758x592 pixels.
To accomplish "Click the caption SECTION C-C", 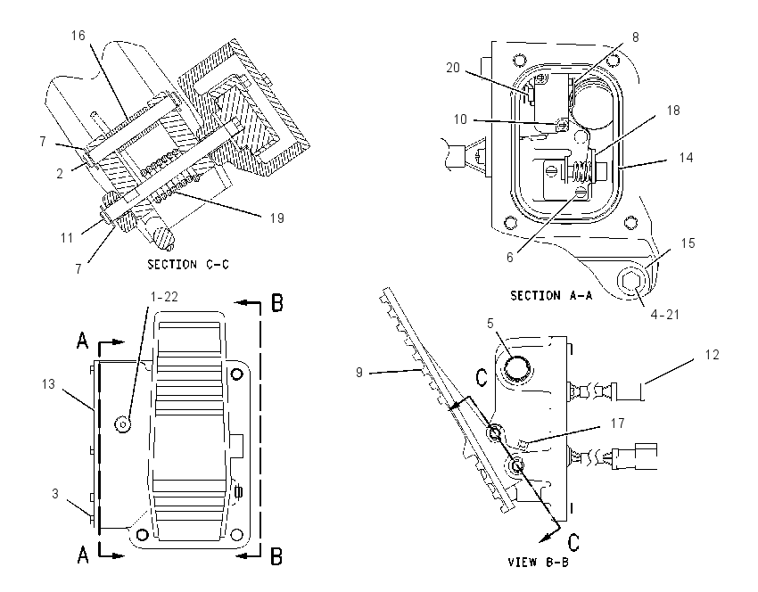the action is pos(188,264).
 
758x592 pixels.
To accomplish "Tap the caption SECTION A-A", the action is pos(551,295).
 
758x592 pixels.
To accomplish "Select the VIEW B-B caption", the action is pos(538,562).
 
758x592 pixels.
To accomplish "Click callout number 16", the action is pos(78,36).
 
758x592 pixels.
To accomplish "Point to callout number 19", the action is pos(276,218).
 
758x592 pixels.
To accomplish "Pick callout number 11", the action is pos(66,238).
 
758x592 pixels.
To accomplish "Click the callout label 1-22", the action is pos(164,297).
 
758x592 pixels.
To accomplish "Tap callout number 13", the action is pos(48,384).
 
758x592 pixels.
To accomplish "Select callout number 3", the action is pos(55,493).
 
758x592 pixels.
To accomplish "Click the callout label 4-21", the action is pos(664,315).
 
